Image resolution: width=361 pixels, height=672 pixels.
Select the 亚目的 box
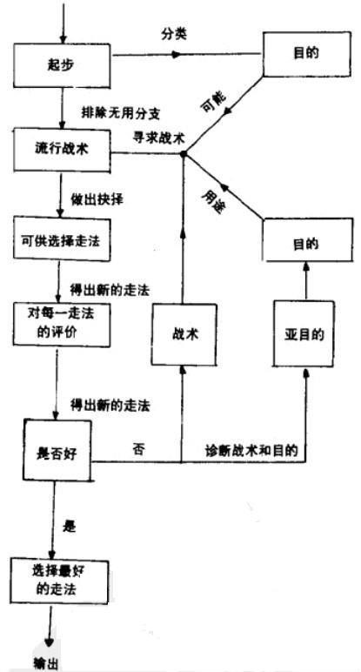[304, 333]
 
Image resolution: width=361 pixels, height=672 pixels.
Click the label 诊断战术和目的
[252, 449]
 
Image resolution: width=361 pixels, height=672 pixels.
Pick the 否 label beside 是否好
[137, 449]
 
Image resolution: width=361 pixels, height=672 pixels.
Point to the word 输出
[46, 662]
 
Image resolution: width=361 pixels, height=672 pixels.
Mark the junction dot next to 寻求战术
[183, 154]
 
